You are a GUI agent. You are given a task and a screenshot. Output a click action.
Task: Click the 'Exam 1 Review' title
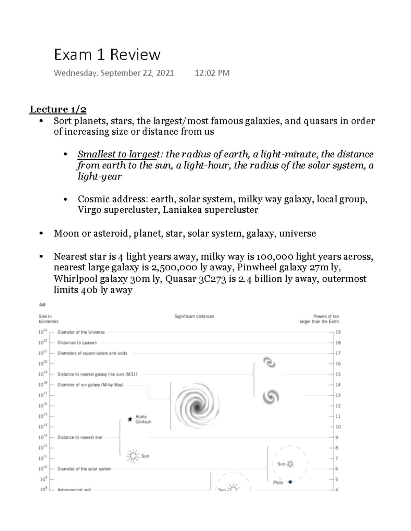click(107, 55)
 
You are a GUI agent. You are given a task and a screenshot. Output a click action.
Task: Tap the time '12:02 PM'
click(212, 73)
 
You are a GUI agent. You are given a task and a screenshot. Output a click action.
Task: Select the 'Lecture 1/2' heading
click(58, 109)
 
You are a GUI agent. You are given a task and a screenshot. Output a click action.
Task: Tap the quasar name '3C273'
click(212, 279)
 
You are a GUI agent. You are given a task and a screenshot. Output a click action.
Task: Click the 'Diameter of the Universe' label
click(81, 332)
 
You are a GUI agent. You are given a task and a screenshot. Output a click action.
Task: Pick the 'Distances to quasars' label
click(77, 343)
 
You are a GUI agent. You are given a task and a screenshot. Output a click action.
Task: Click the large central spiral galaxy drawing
click(197, 407)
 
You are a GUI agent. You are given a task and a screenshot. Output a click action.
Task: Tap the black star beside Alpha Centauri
click(130, 419)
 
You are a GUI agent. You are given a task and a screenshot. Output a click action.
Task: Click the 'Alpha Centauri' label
click(143, 419)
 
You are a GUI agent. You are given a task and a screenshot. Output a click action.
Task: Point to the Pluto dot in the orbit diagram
click(290, 482)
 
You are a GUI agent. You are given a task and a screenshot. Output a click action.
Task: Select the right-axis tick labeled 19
click(338, 332)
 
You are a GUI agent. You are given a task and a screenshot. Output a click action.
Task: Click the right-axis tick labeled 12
click(338, 406)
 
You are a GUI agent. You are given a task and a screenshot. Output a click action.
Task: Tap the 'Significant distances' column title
click(194, 317)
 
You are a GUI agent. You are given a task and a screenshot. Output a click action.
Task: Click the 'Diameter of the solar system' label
click(84, 469)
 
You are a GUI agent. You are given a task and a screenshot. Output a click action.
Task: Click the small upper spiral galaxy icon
click(269, 362)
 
